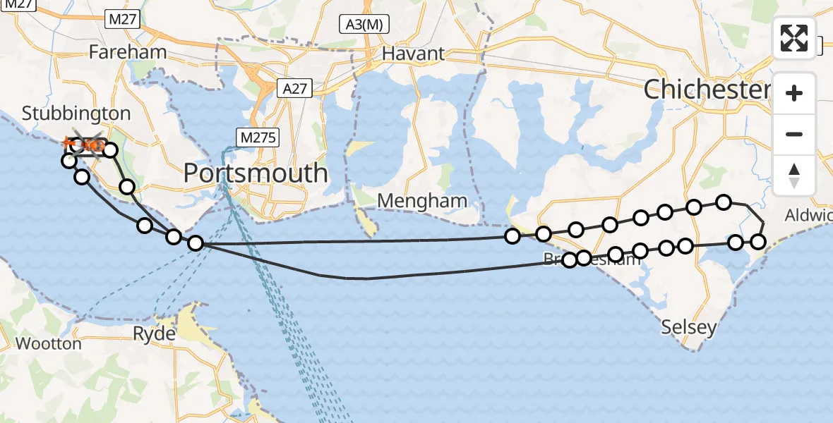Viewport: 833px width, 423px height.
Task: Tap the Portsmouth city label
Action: coord(256,173)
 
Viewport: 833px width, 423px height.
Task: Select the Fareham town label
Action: coord(128,52)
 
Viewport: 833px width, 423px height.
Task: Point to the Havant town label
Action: coord(413,54)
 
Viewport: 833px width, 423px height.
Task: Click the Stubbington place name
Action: coord(76,114)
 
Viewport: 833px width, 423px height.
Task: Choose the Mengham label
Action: coord(422,201)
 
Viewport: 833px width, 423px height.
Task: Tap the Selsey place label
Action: coord(689,327)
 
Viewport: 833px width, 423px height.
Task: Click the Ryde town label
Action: coord(154,334)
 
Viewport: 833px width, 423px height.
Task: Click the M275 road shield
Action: coord(259,138)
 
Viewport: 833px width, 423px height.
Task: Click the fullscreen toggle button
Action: coord(794,38)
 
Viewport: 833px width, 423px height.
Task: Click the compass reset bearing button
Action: coord(794,176)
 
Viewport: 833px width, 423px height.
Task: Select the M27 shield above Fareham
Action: coord(122,20)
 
